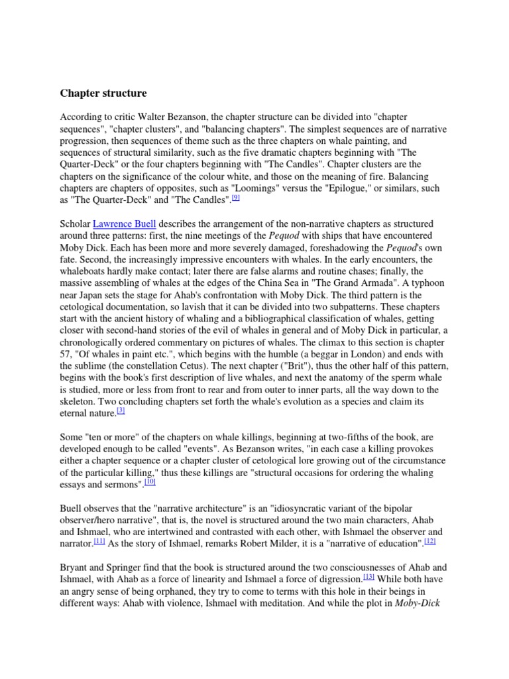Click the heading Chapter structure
(103, 93)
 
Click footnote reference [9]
(235, 198)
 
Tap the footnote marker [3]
(121, 411)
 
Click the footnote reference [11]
(99, 541)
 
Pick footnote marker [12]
(430, 541)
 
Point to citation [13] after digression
(368, 577)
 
